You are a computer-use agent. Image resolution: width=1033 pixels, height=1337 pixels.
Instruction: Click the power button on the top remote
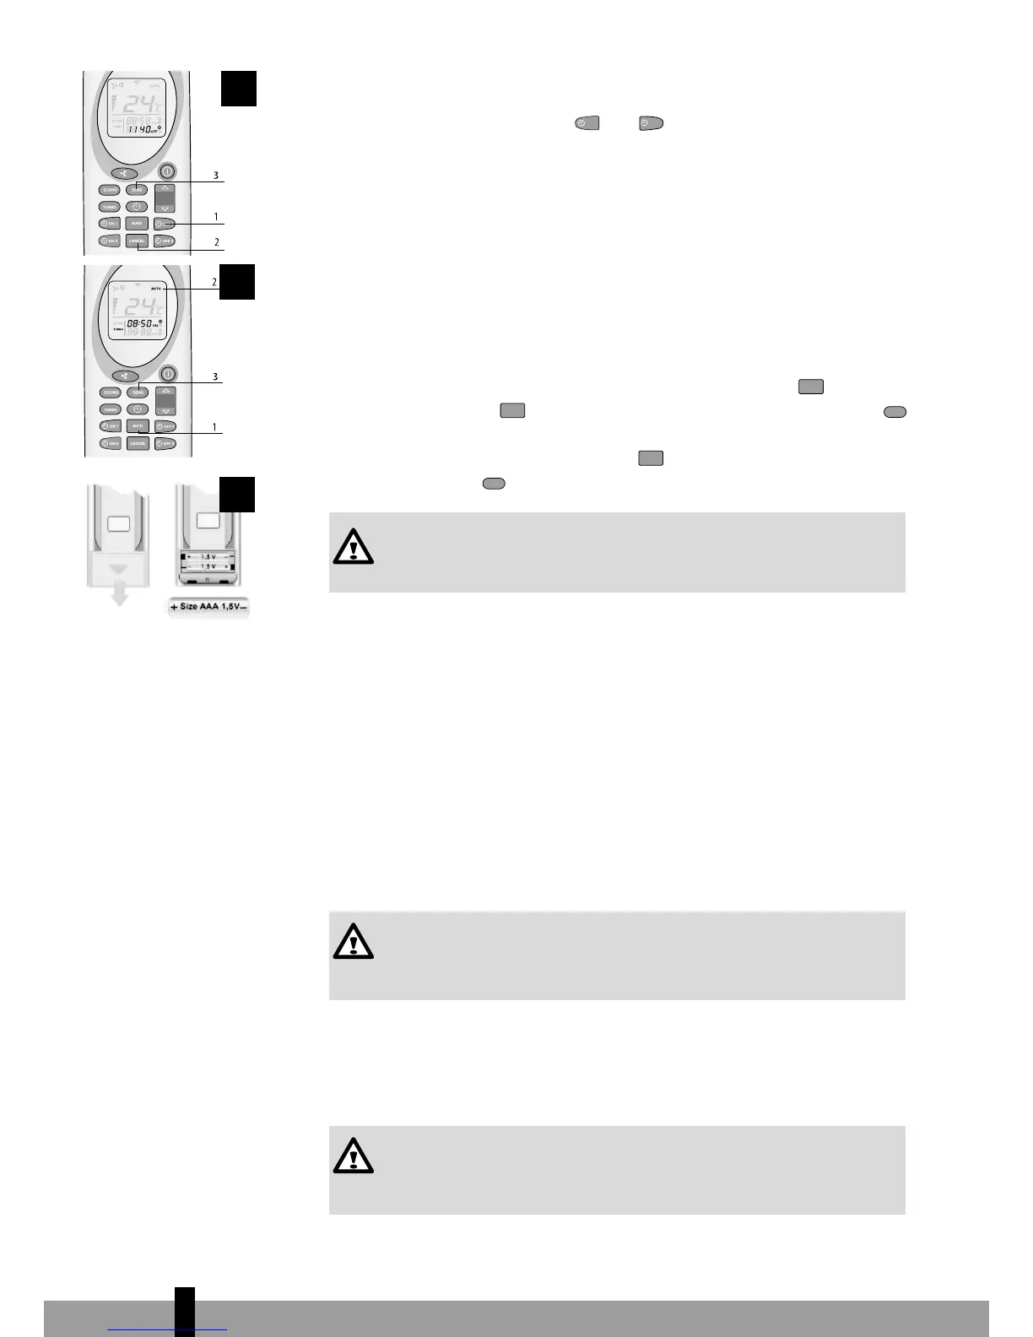[169, 171]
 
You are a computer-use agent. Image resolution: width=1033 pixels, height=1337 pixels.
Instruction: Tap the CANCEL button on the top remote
[137, 241]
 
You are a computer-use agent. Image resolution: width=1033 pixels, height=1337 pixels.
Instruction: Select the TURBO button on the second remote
[111, 409]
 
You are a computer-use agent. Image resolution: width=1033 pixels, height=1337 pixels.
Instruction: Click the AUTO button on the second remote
[138, 426]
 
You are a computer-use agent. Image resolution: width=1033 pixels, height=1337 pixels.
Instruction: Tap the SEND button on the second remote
[138, 392]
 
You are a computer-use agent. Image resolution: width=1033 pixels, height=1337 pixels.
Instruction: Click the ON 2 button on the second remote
[111, 443]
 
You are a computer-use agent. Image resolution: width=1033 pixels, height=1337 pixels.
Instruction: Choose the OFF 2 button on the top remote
[164, 241]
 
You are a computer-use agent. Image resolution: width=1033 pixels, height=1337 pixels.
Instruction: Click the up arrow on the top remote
[166, 189]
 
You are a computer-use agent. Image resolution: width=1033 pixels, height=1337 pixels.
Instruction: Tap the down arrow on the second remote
[166, 410]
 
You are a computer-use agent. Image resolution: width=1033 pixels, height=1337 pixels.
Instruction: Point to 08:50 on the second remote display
[140, 323]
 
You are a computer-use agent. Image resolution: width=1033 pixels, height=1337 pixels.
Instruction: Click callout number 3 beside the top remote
[216, 176]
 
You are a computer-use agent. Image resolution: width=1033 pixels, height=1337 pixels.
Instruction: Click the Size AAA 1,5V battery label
[208, 607]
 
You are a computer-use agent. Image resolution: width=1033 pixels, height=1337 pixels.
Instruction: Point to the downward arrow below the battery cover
[120, 595]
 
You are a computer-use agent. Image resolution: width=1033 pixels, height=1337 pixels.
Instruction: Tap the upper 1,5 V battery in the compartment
[208, 556]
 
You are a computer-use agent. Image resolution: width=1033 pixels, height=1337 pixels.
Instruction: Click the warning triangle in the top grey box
[353, 547]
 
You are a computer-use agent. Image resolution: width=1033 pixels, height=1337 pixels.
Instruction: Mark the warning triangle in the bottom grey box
[353, 1156]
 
